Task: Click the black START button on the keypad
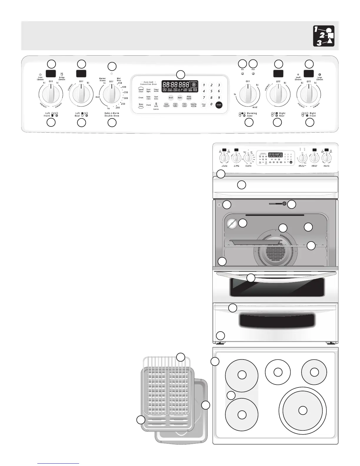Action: (x=219, y=105)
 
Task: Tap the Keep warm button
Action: (x=189, y=98)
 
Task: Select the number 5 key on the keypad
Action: (x=211, y=91)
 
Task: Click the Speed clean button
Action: (x=141, y=91)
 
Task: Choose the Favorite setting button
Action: (x=193, y=105)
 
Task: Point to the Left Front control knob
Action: (x=51, y=94)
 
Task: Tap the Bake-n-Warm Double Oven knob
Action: (x=111, y=94)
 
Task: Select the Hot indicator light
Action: (x=253, y=73)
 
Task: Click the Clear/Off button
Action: (x=204, y=105)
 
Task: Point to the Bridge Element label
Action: (x=62, y=79)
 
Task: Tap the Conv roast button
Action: (x=184, y=105)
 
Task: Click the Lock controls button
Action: (x=156, y=105)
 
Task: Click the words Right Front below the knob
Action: (x=312, y=114)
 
